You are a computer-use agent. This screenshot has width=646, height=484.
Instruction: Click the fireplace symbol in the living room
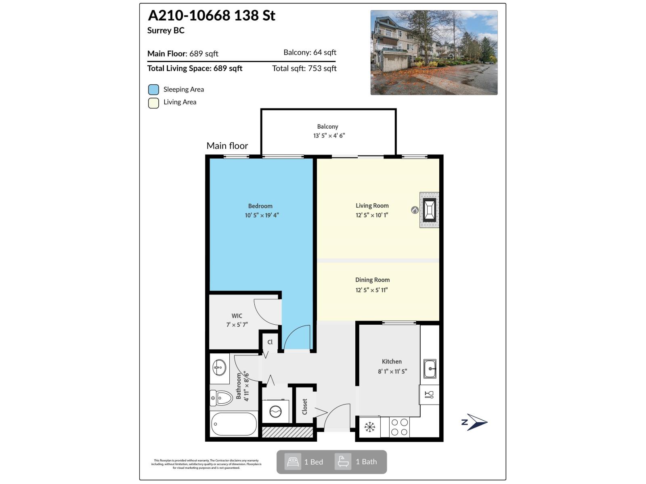(429, 210)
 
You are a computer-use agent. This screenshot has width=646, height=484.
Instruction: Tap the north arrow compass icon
(475, 422)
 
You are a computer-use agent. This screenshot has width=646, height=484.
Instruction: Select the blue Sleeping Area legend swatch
(153, 90)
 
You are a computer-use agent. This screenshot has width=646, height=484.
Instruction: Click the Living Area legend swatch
(153, 102)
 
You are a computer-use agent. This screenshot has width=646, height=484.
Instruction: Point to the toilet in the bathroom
(221, 398)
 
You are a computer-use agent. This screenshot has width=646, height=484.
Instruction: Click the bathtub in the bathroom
(234, 424)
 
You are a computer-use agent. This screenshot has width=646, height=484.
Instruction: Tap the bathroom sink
(219, 367)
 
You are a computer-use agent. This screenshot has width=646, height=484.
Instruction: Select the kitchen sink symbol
(430, 369)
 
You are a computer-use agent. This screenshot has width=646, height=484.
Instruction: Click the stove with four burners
(399, 427)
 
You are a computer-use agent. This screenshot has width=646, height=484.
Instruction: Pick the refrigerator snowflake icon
(369, 427)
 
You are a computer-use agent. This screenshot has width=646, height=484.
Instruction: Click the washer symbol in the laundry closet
(276, 411)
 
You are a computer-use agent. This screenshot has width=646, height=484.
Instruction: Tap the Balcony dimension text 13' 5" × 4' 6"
(329, 136)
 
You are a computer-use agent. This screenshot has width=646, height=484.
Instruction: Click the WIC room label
(237, 316)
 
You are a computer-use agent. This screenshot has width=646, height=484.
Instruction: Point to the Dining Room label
(372, 280)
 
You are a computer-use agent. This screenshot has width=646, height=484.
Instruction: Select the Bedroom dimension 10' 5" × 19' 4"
(262, 215)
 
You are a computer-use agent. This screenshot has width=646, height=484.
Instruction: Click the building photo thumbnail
(434, 53)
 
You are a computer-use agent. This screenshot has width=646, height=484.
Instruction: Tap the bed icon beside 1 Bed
(293, 461)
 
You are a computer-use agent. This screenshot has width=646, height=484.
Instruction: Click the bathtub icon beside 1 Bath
(343, 461)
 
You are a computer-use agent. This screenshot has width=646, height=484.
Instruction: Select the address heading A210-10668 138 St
(212, 16)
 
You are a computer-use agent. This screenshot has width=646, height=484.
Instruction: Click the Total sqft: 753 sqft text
(304, 69)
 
